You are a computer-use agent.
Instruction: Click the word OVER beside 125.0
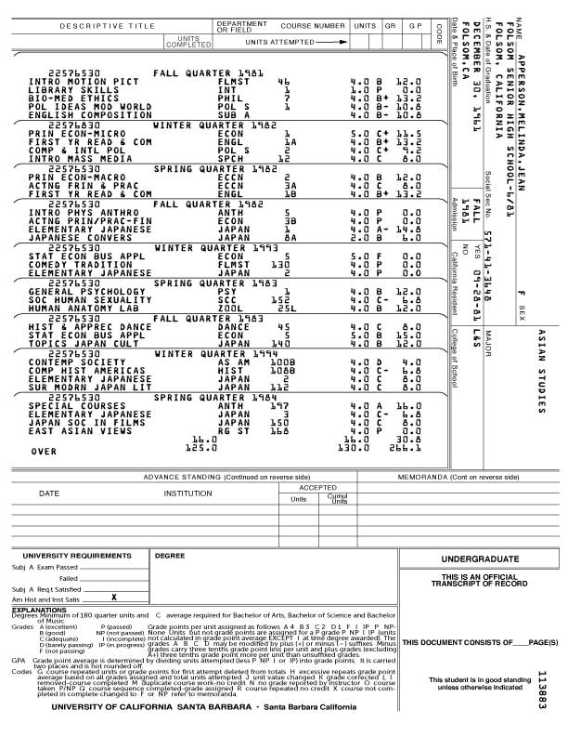(x=45, y=450)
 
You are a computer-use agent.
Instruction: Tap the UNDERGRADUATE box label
(x=480, y=559)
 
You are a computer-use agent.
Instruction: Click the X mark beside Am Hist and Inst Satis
(x=113, y=598)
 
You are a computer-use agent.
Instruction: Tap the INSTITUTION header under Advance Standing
(x=188, y=493)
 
